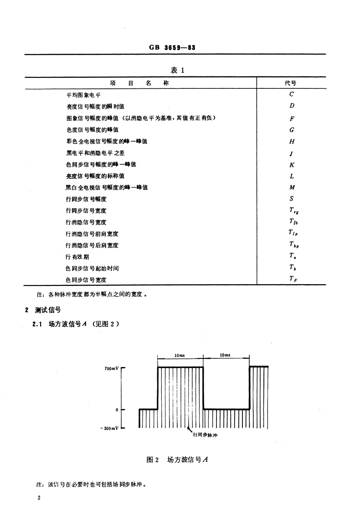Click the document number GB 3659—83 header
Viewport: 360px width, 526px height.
175,47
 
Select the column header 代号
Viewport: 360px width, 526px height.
291,83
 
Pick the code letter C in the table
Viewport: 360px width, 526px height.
292,95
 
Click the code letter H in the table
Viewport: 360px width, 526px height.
292,142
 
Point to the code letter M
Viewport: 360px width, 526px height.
292,188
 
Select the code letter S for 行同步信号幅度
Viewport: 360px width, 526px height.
292,199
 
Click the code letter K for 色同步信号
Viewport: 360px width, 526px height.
292,165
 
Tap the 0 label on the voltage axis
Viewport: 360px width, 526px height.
117,410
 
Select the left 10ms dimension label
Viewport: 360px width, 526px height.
180,355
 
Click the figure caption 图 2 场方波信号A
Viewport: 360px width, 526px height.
177,460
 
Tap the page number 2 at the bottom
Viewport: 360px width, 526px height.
40,498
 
